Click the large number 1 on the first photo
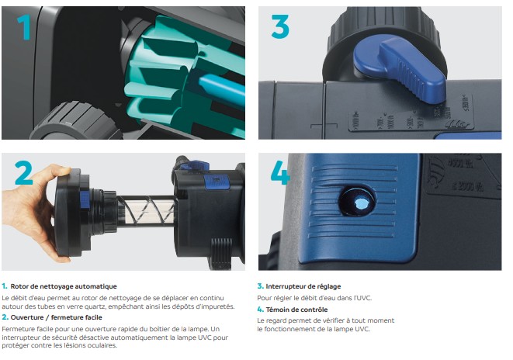tap(24, 27)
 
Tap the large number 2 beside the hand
tap(23, 173)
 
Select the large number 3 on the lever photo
tap(280, 27)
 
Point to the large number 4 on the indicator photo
tap(280, 172)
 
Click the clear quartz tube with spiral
tap(146, 210)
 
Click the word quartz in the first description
tap(95, 307)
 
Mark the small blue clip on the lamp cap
tap(85, 200)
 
